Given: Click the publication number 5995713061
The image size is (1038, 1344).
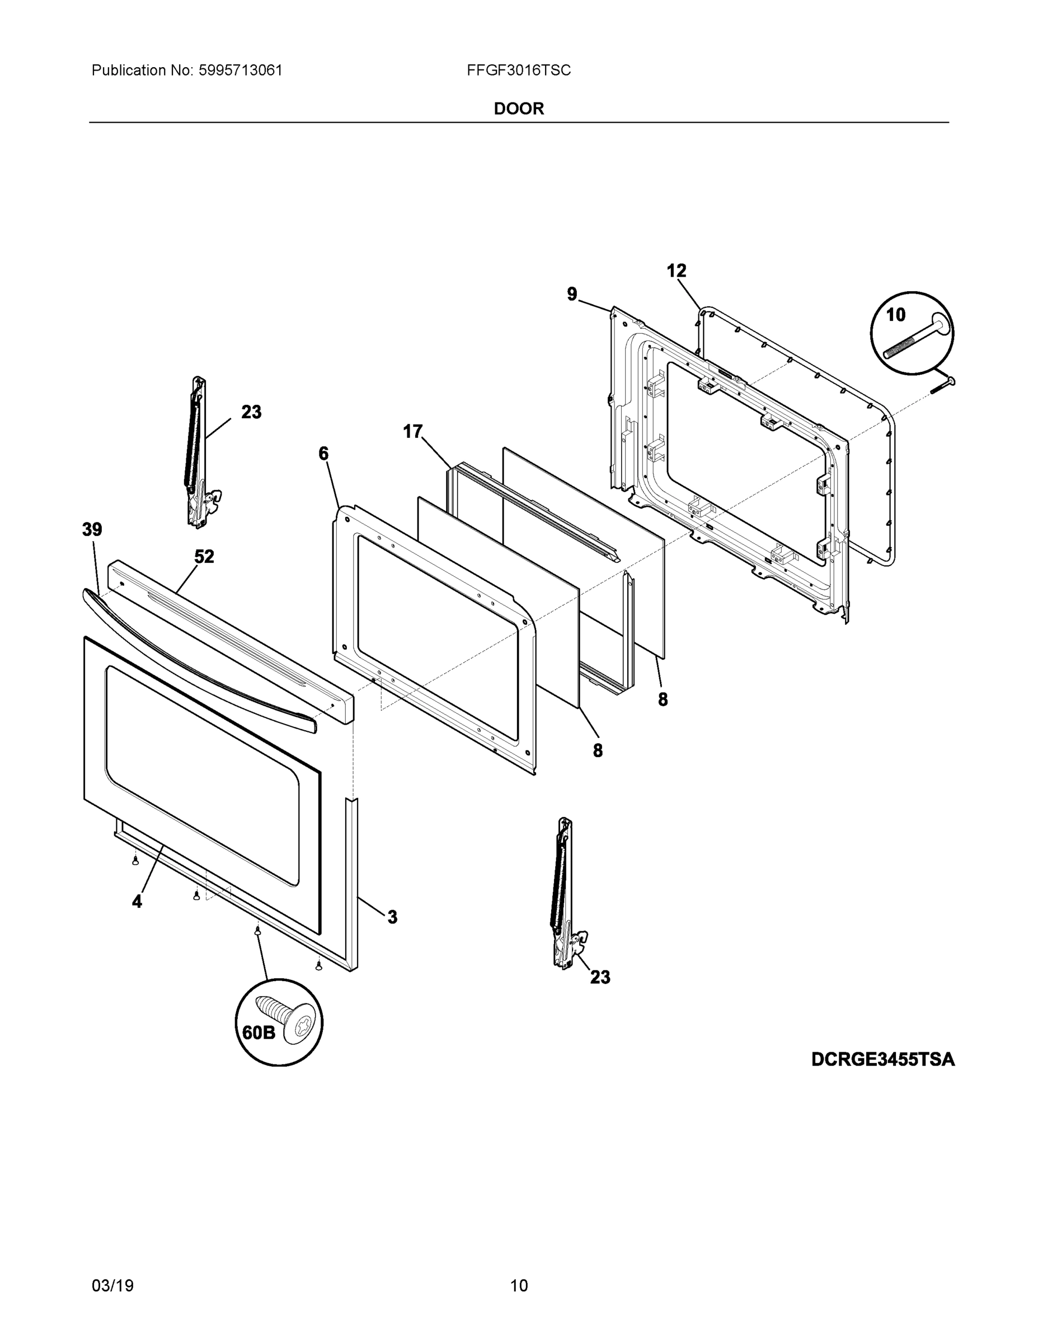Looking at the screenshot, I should click(240, 70).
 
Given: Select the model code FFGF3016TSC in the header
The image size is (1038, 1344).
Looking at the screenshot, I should click(518, 70).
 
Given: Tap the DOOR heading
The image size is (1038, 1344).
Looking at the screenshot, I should click(518, 109).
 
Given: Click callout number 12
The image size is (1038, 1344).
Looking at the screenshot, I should click(677, 271).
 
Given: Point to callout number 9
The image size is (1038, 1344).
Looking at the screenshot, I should click(572, 295).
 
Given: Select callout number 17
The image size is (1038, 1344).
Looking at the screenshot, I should click(412, 431).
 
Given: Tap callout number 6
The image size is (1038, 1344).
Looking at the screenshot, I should click(323, 454).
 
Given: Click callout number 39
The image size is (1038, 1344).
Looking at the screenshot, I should click(92, 529).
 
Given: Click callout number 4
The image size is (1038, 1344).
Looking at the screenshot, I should click(137, 902).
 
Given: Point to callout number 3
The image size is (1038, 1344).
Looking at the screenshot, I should click(392, 917).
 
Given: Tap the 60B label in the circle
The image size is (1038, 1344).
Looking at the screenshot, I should click(259, 1032).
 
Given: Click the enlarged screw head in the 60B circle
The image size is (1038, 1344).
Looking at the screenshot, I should click(298, 1025).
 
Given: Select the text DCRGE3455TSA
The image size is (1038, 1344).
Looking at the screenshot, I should click(882, 1059).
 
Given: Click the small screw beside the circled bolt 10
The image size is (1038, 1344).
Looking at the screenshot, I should click(944, 385).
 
